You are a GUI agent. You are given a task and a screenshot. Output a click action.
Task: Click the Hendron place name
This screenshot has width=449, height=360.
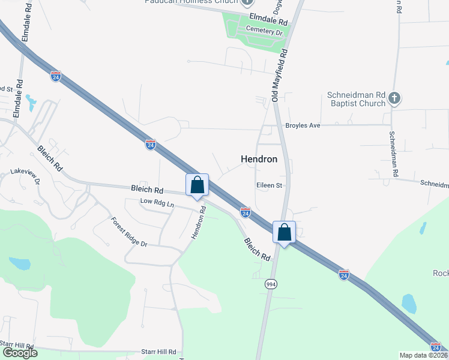[x=259, y=159]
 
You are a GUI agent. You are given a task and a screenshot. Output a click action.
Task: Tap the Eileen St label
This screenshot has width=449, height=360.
[x=269, y=185]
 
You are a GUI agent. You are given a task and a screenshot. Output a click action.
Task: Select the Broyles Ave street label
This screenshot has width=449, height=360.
[x=303, y=125]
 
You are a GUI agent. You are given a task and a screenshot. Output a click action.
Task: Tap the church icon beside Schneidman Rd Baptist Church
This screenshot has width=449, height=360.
[x=394, y=98]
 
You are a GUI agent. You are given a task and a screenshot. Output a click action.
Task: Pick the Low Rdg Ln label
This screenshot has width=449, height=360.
[x=157, y=203]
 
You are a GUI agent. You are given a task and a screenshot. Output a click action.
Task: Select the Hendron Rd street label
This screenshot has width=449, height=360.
[x=199, y=223]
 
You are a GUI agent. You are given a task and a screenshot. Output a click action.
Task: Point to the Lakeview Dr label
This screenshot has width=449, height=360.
[x=25, y=175]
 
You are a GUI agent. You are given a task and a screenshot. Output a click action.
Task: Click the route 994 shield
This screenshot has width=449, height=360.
[x=271, y=284]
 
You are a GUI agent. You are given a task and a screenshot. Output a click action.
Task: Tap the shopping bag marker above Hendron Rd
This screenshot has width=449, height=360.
[x=197, y=186]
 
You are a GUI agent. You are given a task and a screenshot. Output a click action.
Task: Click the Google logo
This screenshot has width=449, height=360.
[x=20, y=353]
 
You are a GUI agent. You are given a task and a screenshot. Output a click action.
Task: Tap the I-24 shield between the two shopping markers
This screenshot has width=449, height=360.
[x=245, y=212]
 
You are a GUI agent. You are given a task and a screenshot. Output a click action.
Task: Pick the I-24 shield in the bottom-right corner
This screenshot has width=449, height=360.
[x=436, y=346]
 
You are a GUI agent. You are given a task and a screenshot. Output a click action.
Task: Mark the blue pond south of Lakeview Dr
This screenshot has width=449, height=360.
[x=19, y=263]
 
